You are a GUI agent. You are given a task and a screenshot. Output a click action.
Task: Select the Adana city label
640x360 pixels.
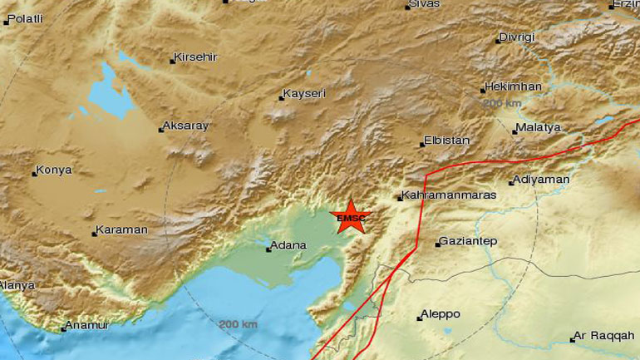click(289, 245)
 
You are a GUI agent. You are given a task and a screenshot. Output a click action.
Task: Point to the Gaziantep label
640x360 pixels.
click(469, 241)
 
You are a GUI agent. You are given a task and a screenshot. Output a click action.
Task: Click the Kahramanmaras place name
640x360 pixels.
click(448, 195)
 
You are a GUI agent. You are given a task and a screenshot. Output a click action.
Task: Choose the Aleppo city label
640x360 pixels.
click(441, 314)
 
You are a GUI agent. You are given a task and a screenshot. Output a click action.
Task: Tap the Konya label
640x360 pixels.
click(56, 170)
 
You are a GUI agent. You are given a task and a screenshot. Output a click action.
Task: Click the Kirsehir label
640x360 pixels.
click(196, 58)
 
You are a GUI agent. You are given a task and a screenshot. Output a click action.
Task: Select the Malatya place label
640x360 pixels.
click(538, 127)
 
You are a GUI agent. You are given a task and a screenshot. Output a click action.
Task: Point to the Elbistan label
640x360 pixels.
click(446, 141)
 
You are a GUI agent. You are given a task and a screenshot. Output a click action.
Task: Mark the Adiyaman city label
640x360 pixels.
click(542, 180)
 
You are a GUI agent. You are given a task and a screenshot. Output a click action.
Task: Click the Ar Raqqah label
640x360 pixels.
click(601, 337)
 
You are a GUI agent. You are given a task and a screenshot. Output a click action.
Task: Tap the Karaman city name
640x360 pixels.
click(122, 229)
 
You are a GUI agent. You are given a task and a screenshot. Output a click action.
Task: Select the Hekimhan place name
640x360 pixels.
click(514, 86)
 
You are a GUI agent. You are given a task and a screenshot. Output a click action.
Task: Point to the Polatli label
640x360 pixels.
click(25, 18)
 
